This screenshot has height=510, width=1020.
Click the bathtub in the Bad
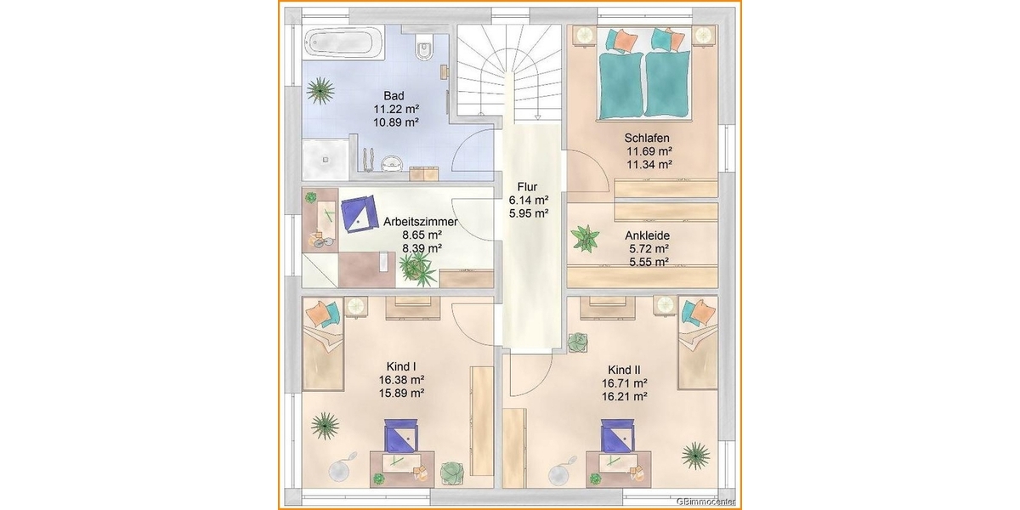(x=343, y=43)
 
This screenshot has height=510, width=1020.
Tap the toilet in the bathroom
(x=424, y=48)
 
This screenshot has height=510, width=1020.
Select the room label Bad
(x=394, y=96)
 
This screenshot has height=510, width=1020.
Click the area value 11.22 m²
(x=396, y=110)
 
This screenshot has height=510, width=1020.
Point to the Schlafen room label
(x=647, y=138)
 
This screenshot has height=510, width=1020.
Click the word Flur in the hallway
(x=527, y=187)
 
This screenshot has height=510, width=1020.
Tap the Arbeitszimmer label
(x=420, y=222)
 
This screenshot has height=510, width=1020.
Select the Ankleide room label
(x=647, y=236)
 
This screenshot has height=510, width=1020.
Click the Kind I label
(x=401, y=366)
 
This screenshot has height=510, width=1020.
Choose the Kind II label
(x=624, y=370)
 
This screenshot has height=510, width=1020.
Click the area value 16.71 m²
(x=625, y=383)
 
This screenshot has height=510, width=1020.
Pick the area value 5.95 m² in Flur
(x=529, y=213)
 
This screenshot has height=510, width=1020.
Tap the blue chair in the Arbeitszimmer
(x=360, y=214)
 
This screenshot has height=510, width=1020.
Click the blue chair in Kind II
(x=617, y=436)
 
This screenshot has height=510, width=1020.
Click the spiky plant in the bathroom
(x=320, y=91)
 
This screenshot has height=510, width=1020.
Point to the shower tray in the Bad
(x=325, y=159)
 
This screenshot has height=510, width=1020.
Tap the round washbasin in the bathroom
(x=392, y=163)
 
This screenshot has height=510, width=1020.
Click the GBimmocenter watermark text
(x=705, y=501)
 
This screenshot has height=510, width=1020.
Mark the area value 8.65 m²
(x=422, y=235)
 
